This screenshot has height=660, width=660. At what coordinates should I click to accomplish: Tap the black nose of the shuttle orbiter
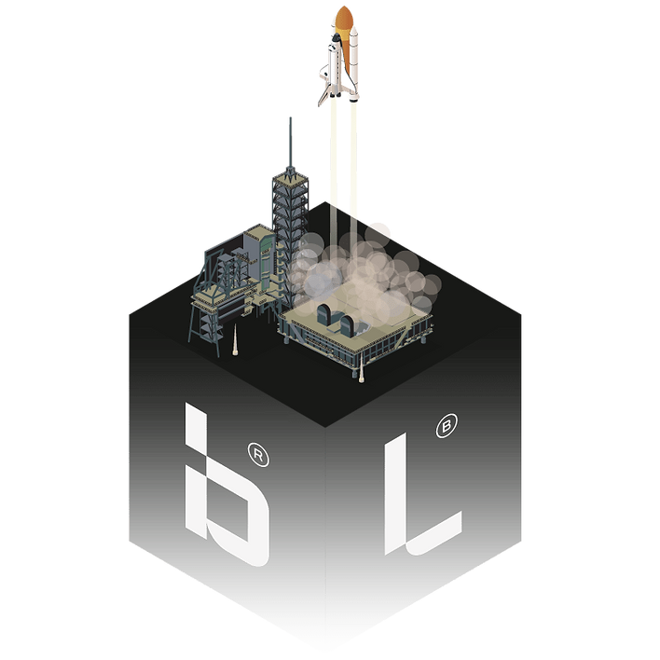pos(336,38)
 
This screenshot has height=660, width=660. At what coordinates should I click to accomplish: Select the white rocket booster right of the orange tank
pos(354,63)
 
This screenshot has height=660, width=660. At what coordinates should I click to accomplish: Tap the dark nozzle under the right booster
pos(353,100)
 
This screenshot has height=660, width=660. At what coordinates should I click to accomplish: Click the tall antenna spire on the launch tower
pos(290,144)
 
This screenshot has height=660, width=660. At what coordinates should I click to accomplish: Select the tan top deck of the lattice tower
pos(290,178)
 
